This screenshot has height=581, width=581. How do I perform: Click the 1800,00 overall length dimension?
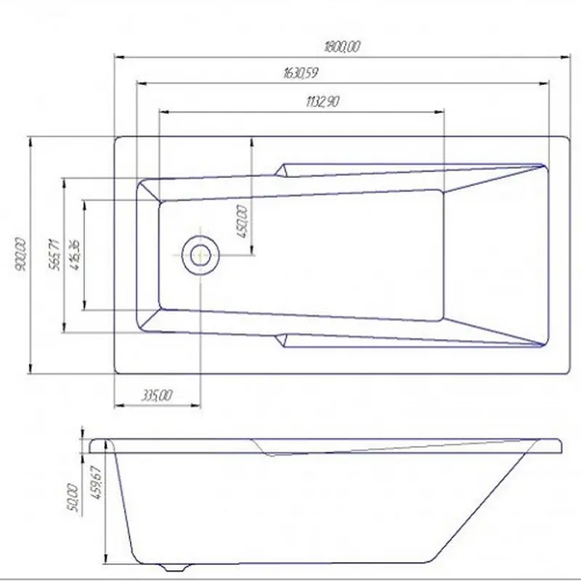pyautogui.click(x=341, y=46)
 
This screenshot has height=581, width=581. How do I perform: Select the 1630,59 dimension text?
pyautogui.click(x=301, y=73)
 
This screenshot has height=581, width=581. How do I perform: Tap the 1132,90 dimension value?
pyautogui.click(x=322, y=101)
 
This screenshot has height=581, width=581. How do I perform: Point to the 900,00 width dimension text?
pyautogui.click(x=21, y=255)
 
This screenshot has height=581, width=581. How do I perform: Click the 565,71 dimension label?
pyautogui.click(x=54, y=255)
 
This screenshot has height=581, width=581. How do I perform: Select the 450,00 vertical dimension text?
pyautogui.click(x=242, y=222)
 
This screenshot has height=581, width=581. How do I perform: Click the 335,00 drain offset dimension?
pyautogui.click(x=157, y=395)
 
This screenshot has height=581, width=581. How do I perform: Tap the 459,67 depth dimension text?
pyautogui.click(x=97, y=482)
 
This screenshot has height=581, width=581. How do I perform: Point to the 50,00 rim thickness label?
pyautogui.click(x=73, y=497)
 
